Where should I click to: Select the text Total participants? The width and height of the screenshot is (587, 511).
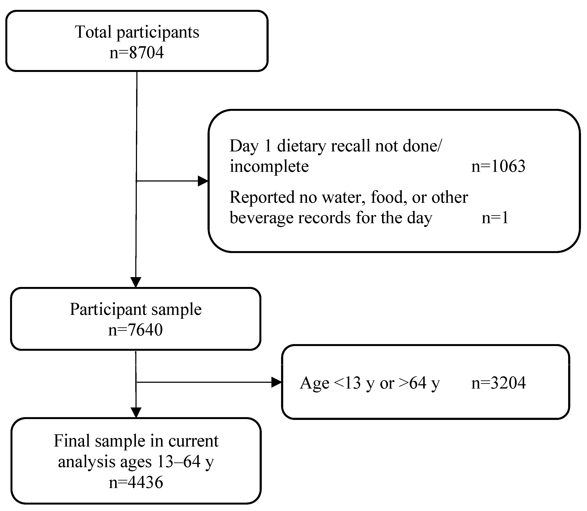click(137, 32)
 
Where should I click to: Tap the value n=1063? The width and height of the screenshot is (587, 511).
click(498, 166)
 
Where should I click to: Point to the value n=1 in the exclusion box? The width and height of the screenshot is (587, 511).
click(495, 218)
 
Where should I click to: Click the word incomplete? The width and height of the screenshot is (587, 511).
click(269, 166)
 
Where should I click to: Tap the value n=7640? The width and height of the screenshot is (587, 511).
click(135, 330)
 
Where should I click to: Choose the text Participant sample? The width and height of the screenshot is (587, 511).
click(135, 309)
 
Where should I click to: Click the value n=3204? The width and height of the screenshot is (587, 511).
click(498, 383)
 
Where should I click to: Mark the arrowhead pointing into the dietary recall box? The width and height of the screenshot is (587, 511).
click(203, 181)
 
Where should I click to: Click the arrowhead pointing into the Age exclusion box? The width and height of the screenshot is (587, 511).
click(276, 382)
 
